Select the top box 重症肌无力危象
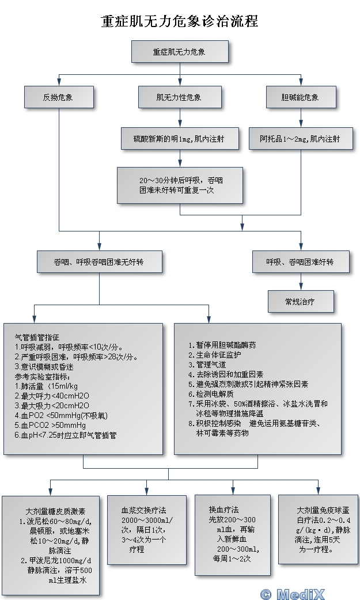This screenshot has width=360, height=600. (x=180, y=52)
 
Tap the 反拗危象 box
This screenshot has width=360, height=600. (x=59, y=97)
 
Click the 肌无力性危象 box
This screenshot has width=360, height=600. (x=180, y=97)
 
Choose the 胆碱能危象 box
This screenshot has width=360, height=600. (x=300, y=97)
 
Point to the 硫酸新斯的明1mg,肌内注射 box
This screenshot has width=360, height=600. (x=180, y=139)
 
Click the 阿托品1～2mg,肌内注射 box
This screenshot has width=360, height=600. (x=300, y=139)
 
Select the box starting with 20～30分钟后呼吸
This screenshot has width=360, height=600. (x=180, y=185)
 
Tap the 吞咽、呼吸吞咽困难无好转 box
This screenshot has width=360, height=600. (x=99, y=261)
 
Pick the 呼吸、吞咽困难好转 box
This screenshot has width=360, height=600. (x=300, y=261)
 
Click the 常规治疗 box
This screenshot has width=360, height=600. (x=300, y=301)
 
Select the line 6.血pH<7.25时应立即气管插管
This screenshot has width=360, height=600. (x=66, y=435)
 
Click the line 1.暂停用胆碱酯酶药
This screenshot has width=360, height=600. (x=222, y=345)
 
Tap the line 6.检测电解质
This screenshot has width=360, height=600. (x=211, y=394)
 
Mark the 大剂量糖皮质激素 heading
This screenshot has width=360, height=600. (x=55, y=511)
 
